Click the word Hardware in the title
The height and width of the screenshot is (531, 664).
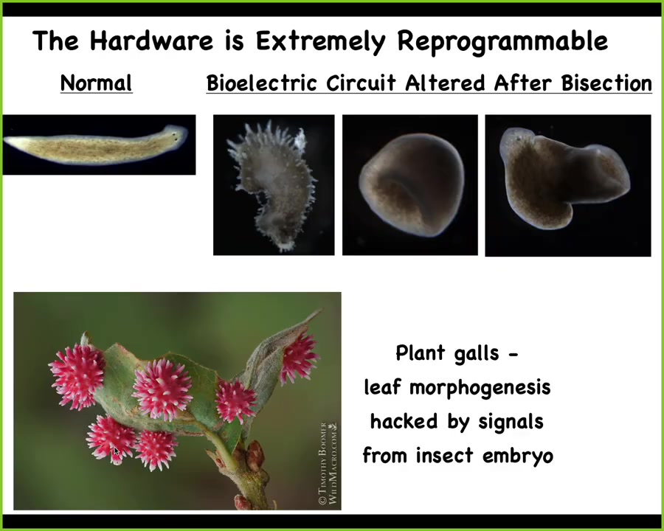(151, 41)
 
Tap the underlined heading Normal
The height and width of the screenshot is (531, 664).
(96, 83)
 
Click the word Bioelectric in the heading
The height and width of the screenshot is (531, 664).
(262, 83)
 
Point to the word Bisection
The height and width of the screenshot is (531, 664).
(607, 83)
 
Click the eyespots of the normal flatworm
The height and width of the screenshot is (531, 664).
(175, 136)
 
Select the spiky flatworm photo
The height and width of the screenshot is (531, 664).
(274, 184)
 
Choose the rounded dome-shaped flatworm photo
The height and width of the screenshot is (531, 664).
(410, 184)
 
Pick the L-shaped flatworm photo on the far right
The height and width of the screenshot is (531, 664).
(568, 185)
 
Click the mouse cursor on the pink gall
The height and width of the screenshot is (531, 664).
(117, 451)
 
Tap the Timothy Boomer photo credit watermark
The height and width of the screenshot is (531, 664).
(329, 463)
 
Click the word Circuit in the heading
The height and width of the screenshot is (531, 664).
(361, 83)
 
